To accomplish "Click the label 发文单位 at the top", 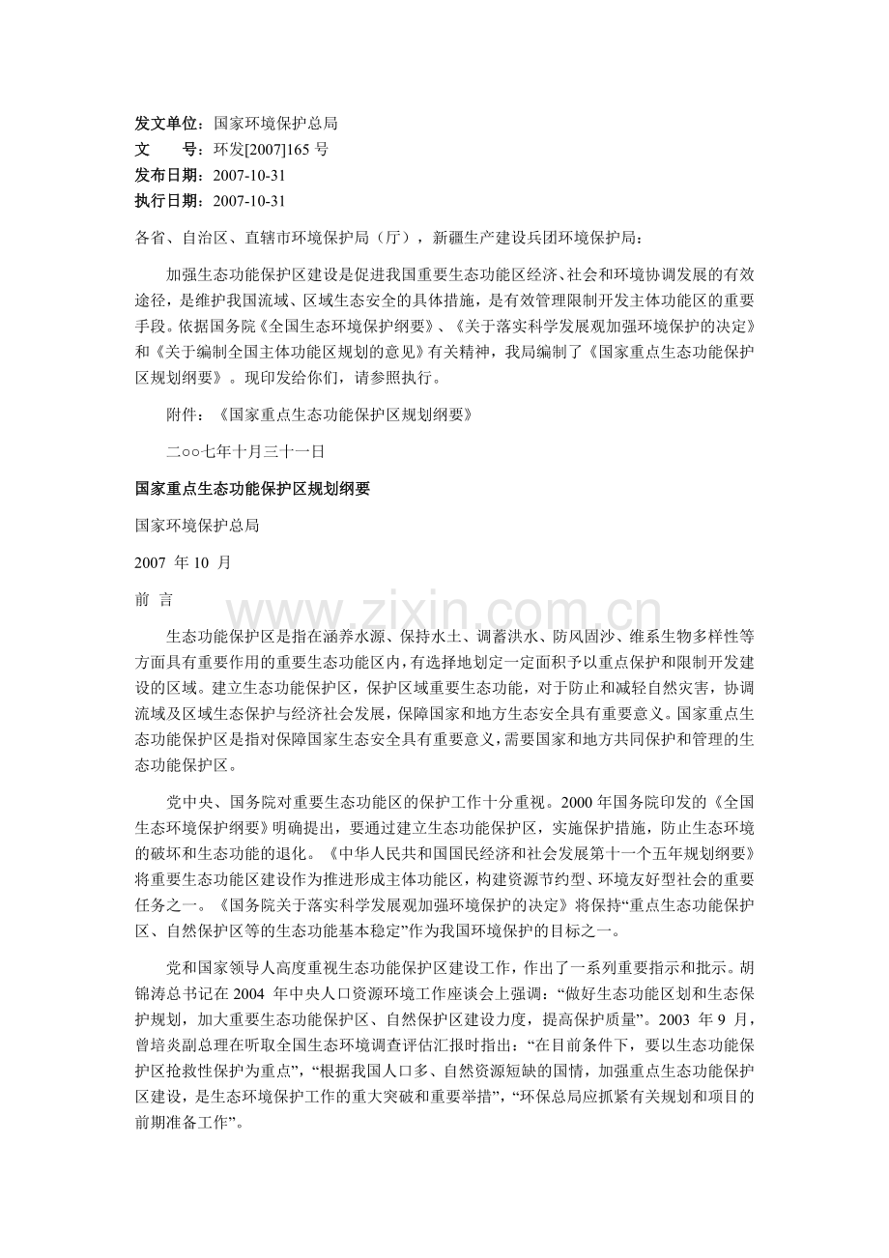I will click(167, 125).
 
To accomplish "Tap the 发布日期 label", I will click(167, 176).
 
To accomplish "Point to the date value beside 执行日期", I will click(248, 201).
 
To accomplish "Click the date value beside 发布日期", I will click(248, 176).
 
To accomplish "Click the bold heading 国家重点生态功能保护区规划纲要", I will click(252, 489).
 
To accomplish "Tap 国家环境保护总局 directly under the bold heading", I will click(197, 526).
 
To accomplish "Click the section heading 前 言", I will click(154, 600).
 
